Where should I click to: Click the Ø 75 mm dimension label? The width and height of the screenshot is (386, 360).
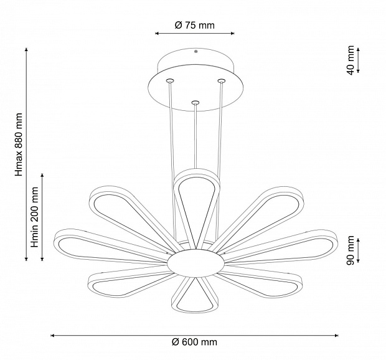coord(194,25)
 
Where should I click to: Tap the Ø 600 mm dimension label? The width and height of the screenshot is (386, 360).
coord(194,342)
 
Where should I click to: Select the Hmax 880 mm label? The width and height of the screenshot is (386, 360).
coord(19,144)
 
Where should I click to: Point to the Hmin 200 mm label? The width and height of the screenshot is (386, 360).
coord(34,217)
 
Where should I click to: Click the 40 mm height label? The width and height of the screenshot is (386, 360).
coord(350,60)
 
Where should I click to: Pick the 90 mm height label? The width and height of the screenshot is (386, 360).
coord(350,250)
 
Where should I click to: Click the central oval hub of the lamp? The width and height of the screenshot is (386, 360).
coord(195,263)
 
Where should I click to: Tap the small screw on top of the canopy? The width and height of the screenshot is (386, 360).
coord(195,52)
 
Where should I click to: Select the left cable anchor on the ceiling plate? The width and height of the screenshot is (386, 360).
coord(169,80)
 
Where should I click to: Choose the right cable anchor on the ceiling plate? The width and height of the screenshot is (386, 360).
coord(221,80)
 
